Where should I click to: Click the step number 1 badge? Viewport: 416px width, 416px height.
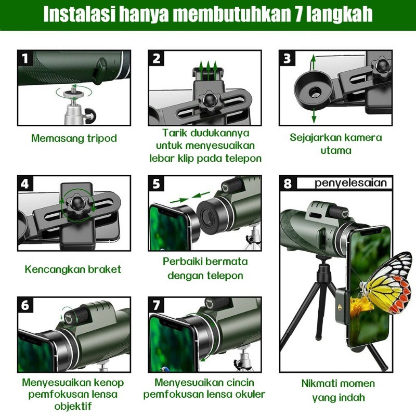tap(25, 58)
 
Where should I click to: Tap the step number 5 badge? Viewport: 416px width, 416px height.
tap(157, 184)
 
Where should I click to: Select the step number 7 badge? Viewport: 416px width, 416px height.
tap(157, 305)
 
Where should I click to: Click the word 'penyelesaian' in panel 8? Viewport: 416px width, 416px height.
tap(350, 184)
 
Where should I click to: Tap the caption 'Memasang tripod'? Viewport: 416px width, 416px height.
tap(74, 138)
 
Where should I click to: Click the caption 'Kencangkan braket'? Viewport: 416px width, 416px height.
tap(73, 269)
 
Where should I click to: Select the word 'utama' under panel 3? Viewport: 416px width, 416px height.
tap(336, 151)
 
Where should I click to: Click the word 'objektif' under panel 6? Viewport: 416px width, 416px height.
tap(73, 406)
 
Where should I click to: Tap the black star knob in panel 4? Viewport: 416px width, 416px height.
tap(77, 205)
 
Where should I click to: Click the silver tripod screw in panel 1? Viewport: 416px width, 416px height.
tap(73, 94)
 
